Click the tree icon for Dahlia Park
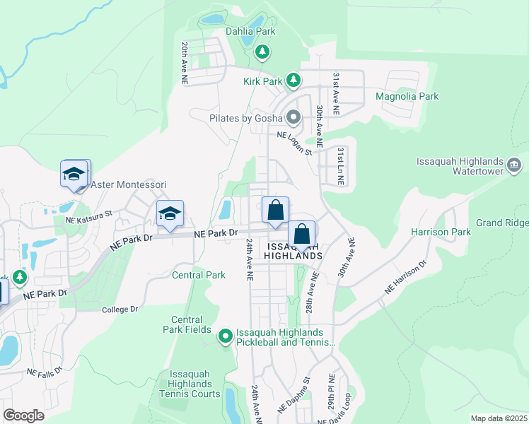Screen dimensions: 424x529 [262, 51]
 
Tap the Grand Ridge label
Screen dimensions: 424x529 [502, 223]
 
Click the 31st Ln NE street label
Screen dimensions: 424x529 [340, 166]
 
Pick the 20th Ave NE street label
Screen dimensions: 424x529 [184, 64]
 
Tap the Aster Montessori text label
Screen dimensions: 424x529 [128, 184]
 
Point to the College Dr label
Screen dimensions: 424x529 [120, 310]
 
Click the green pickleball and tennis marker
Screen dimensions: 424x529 [226, 336]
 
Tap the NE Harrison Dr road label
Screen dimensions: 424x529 [406, 278]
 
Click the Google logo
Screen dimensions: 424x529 [23, 416]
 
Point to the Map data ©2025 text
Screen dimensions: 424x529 [499, 418]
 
